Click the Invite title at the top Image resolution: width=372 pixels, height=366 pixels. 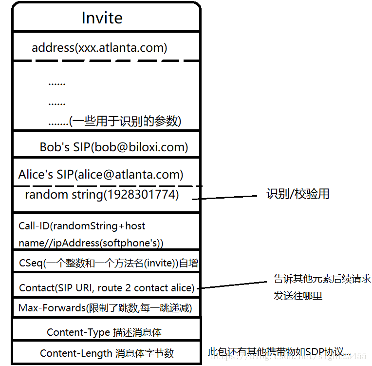(x=102, y=18)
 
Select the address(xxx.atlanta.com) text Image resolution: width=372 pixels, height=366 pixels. (x=99, y=48)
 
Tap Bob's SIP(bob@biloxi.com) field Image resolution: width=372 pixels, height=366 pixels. (x=114, y=147)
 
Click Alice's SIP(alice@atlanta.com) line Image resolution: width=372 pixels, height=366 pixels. (x=101, y=174)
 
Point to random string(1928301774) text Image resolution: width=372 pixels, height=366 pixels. (x=102, y=195)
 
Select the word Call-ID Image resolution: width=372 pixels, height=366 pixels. (x=34, y=226)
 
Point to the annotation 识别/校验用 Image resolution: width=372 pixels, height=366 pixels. (x=298, y=194)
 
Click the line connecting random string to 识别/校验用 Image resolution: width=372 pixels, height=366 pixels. (x=224, y=197)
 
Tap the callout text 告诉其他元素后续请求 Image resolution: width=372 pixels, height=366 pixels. (x=322, y=279)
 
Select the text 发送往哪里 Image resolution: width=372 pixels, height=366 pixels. (x=298, y=296)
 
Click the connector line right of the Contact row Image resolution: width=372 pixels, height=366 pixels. (x=234, y=285)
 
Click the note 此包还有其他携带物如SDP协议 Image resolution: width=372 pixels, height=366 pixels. (x=279, y=351)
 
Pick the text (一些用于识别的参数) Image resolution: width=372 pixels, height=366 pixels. (x=126, y=121)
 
